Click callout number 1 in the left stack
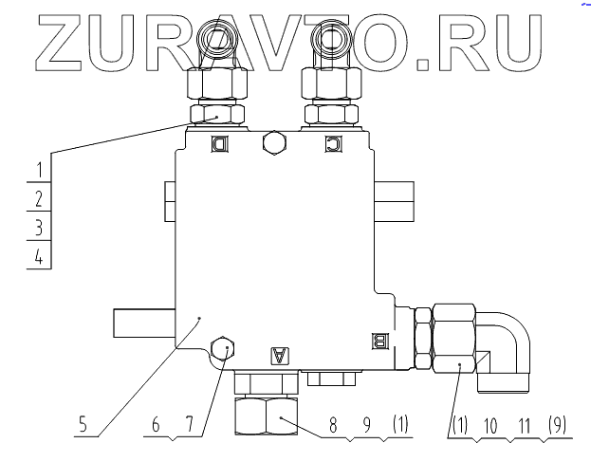tap(39, 170)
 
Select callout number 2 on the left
tap(39, 198)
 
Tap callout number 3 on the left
tap(39, 227)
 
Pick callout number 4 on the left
tap(39, 256)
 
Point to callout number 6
tap(157, 426)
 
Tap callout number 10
tap(489, 426)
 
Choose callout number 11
tap(523, 426)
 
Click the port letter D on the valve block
tap(219, 144)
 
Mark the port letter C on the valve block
tap(332, 144)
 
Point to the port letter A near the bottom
tap(280, 356)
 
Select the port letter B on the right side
tap(381, 340)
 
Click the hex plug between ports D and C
tap(274, 142)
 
